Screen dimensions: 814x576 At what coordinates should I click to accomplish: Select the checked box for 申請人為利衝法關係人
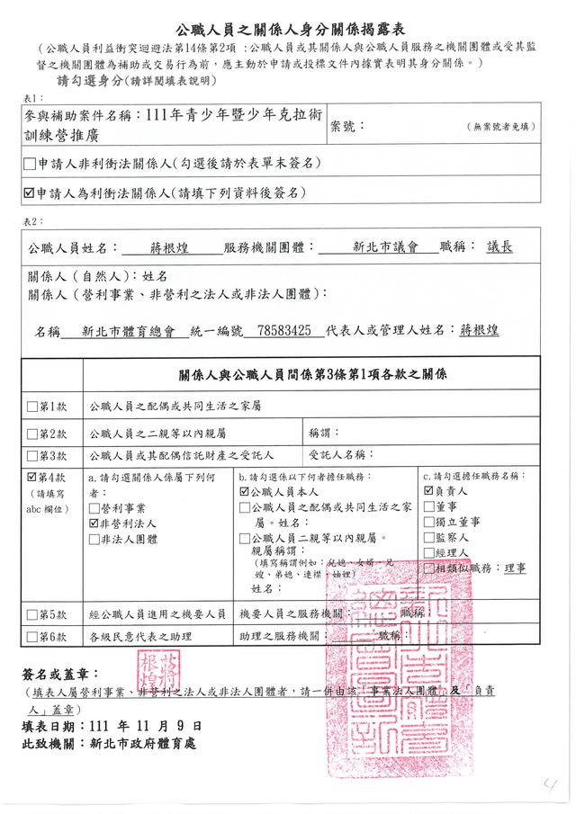point(31,192)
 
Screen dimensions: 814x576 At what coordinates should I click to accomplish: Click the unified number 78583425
point(284,330)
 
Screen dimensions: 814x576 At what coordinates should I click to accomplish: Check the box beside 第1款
point(32,407)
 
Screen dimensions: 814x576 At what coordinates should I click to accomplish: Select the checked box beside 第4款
point(32,477)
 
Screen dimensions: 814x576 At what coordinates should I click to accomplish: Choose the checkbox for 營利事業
point(94,507)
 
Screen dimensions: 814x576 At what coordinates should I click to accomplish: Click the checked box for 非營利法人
point(94,523)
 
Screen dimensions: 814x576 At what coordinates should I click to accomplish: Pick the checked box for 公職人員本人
point(244,492)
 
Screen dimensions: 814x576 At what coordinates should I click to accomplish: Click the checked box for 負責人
point(428,492)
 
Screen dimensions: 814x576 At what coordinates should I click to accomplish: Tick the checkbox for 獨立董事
point(428,522)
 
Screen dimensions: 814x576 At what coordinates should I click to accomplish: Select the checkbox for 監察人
point(428,537)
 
